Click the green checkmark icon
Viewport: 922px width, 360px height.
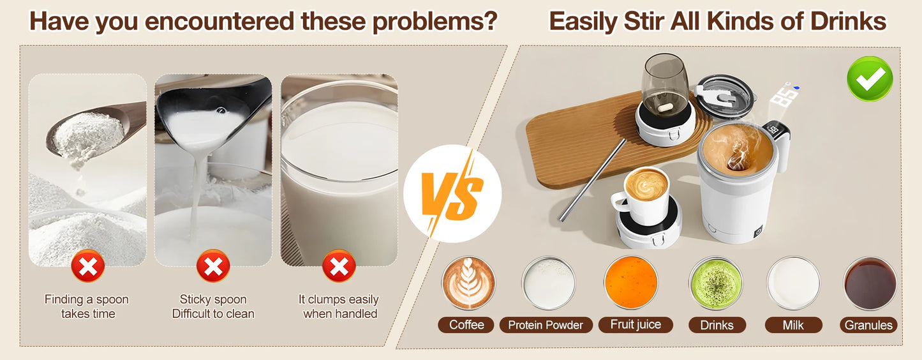(869, 79)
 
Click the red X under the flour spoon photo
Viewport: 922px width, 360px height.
(87, 266)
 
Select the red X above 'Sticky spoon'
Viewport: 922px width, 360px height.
(212, 266)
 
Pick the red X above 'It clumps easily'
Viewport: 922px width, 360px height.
(339, 266)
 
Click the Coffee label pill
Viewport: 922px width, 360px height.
(466, 325)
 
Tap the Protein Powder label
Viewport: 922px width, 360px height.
(546, 325)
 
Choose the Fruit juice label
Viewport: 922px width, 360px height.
(636, 324)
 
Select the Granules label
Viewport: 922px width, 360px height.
(868, 325)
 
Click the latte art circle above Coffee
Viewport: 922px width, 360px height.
(468, 283)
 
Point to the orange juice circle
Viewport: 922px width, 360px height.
(630, 283)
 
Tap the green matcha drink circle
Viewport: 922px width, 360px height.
(716, 283)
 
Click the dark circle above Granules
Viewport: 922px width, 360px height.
(870, 283)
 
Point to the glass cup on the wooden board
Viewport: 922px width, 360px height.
(665, 86)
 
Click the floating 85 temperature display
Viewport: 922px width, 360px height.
(784, 96)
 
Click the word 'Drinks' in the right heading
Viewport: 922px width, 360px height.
(848, 22)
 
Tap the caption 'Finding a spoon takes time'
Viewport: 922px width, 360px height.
(87, 306)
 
